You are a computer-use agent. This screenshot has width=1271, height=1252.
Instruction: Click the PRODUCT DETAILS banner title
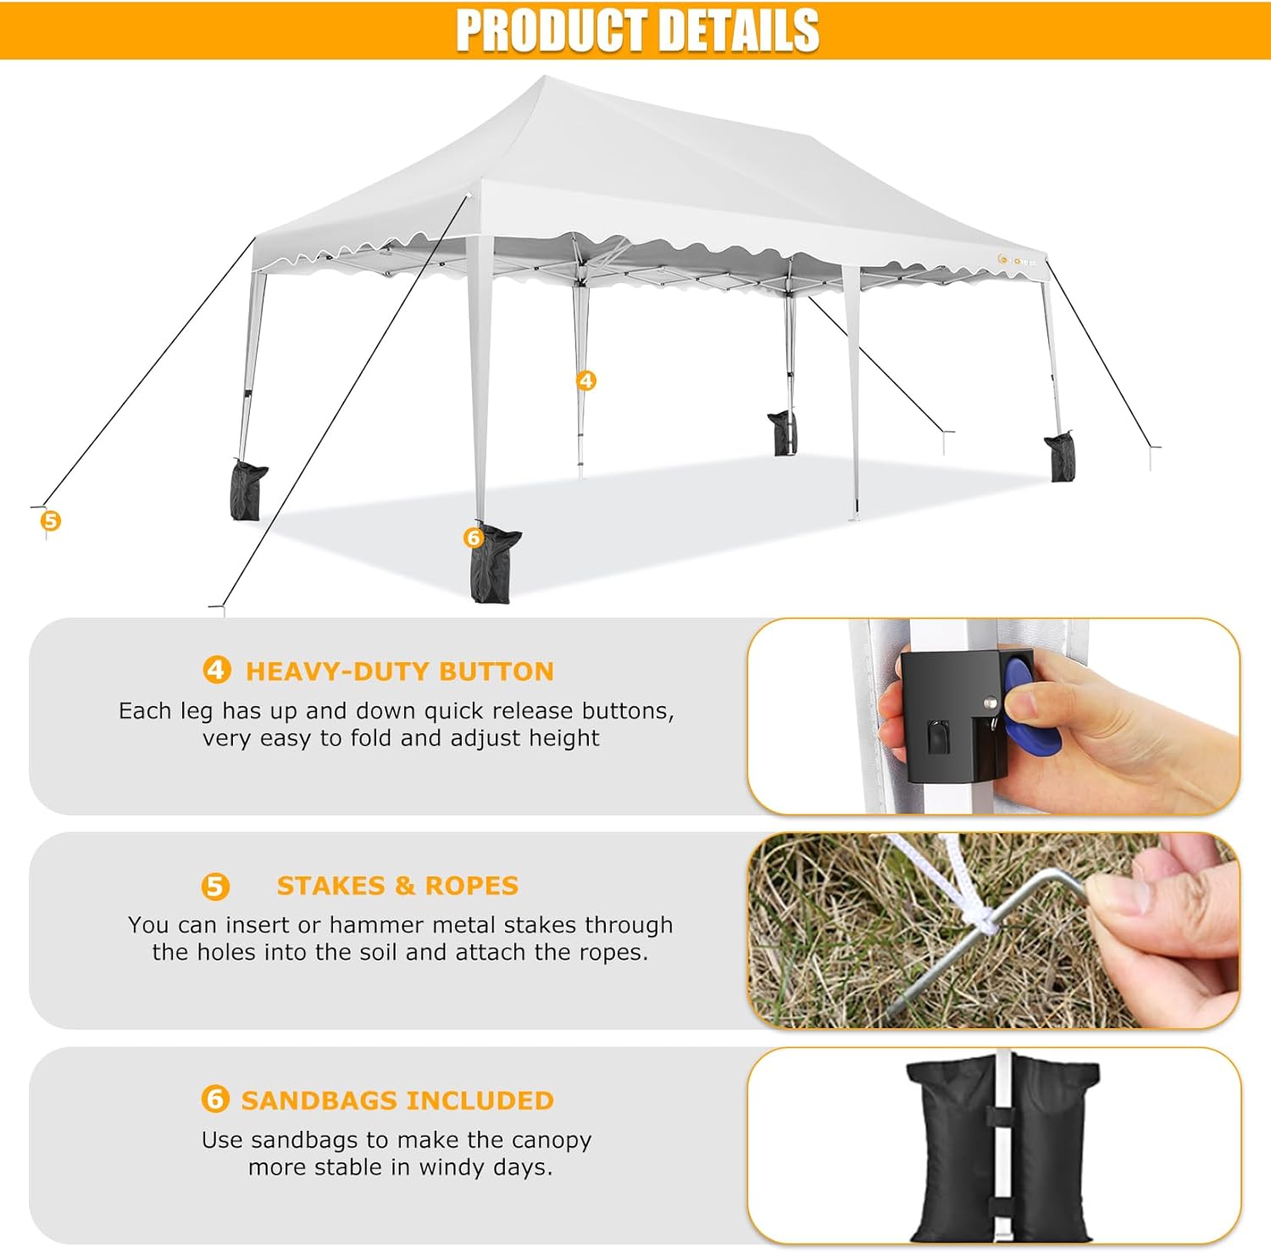pyautogui.click(x=637, y=31)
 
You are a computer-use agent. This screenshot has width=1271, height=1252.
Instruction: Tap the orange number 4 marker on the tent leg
pyautogui.click(x=586, y=381)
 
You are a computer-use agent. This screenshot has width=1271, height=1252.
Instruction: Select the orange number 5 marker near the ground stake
pyautogui.click(x=51, y=520)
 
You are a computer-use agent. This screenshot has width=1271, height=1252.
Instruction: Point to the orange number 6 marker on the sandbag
pyautogui.click(x=473, y=537)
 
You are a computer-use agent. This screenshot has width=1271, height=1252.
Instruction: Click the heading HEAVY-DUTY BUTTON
pyautogui.click(x=400, y=671)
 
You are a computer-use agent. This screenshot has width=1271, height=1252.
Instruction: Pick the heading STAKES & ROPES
pyautogui.click(x=397, y=886)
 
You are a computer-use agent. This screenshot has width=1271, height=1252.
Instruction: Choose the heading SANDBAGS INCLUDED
pyautogui.click(x=397, y=1100)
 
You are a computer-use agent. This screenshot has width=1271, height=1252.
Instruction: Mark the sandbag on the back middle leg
pyautogui.click(x=782, y=432)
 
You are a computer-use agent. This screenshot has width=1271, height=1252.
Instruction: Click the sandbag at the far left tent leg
pyautogui.click(x=247, y=490)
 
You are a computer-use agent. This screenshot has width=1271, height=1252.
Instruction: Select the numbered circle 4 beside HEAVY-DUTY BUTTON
pyautogui.click(x=216, y=671)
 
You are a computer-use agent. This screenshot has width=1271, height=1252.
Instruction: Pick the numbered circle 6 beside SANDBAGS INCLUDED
pyautogui.click(x=215, y=1099)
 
